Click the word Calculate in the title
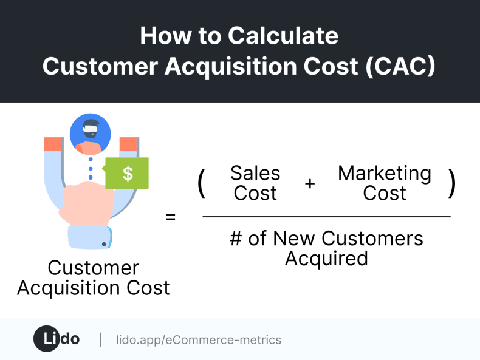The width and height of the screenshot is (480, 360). click(x=283, y=36)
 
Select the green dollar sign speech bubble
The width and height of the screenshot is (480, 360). click(x=127, y=173)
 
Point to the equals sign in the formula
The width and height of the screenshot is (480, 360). click(x=171, y=216)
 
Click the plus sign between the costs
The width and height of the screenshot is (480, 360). click(x=310, y=183)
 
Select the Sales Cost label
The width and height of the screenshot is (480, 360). click(x=255, y=183)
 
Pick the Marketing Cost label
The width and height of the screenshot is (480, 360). click(x=385, y=183)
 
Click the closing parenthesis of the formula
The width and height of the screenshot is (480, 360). click(x=451, y=183)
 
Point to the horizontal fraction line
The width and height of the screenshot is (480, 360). click(x=326, y=217)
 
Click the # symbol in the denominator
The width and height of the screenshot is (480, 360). click(x=236, y=239)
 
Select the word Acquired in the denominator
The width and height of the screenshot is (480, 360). click(x=326, y=259)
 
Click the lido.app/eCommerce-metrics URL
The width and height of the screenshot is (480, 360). click(x=199, y=340)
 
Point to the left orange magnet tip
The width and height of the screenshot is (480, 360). click(x=53, y=144)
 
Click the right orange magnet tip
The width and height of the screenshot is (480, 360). click(x=128, y=144)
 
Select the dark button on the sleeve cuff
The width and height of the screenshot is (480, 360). click(x=104, y=244)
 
